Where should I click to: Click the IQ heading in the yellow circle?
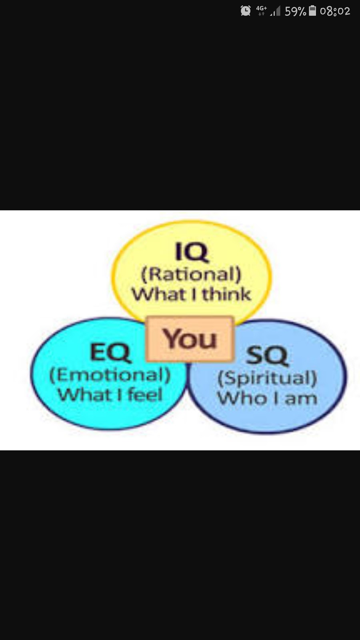coord(192,252)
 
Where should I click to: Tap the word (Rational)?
coord(191,274)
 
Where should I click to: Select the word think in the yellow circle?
coord(226,294)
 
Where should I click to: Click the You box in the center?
coord(190,339)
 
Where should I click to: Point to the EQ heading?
coord(110,352)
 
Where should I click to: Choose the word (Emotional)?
coord(110,375)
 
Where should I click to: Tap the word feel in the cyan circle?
coord(145,395)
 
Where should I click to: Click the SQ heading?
coord(267,355)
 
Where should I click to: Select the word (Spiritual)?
coord(267,378)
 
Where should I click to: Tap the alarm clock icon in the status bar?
coord(246,11)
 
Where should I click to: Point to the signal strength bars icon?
coord(275,11)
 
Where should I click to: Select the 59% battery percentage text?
coord(295,11)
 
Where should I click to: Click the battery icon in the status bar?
coord(312,11)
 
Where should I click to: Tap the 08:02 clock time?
coord(335,11)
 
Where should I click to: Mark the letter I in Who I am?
coord(276,398)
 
